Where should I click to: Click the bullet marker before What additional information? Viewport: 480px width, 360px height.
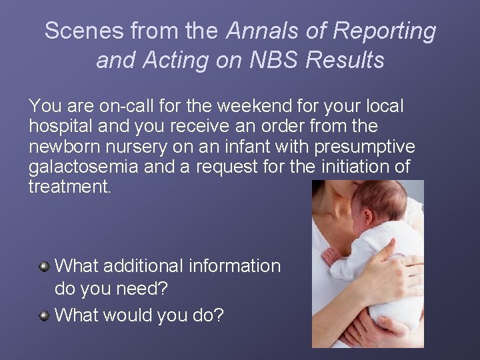click(44, 267)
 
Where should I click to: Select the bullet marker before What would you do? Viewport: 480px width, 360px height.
click(44, 315)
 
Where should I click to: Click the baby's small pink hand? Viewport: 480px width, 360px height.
click(330, 255)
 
